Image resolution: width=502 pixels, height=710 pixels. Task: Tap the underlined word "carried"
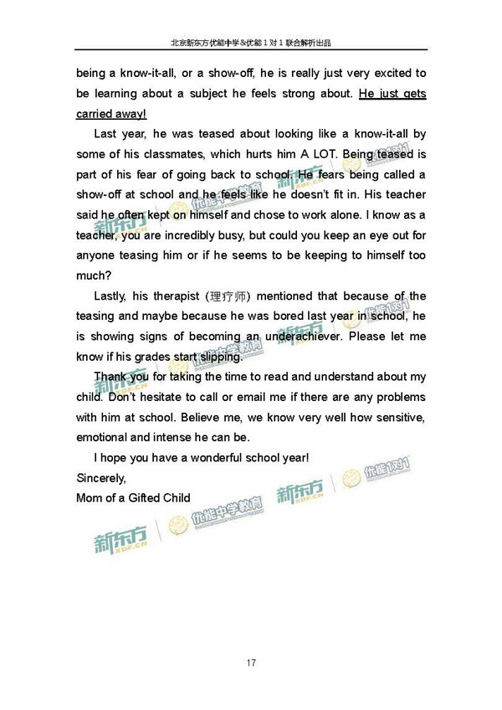coord(96,113)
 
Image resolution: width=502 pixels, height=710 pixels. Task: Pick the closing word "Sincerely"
coord(100,478)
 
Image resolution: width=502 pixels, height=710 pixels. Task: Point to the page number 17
coord(251,664)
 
